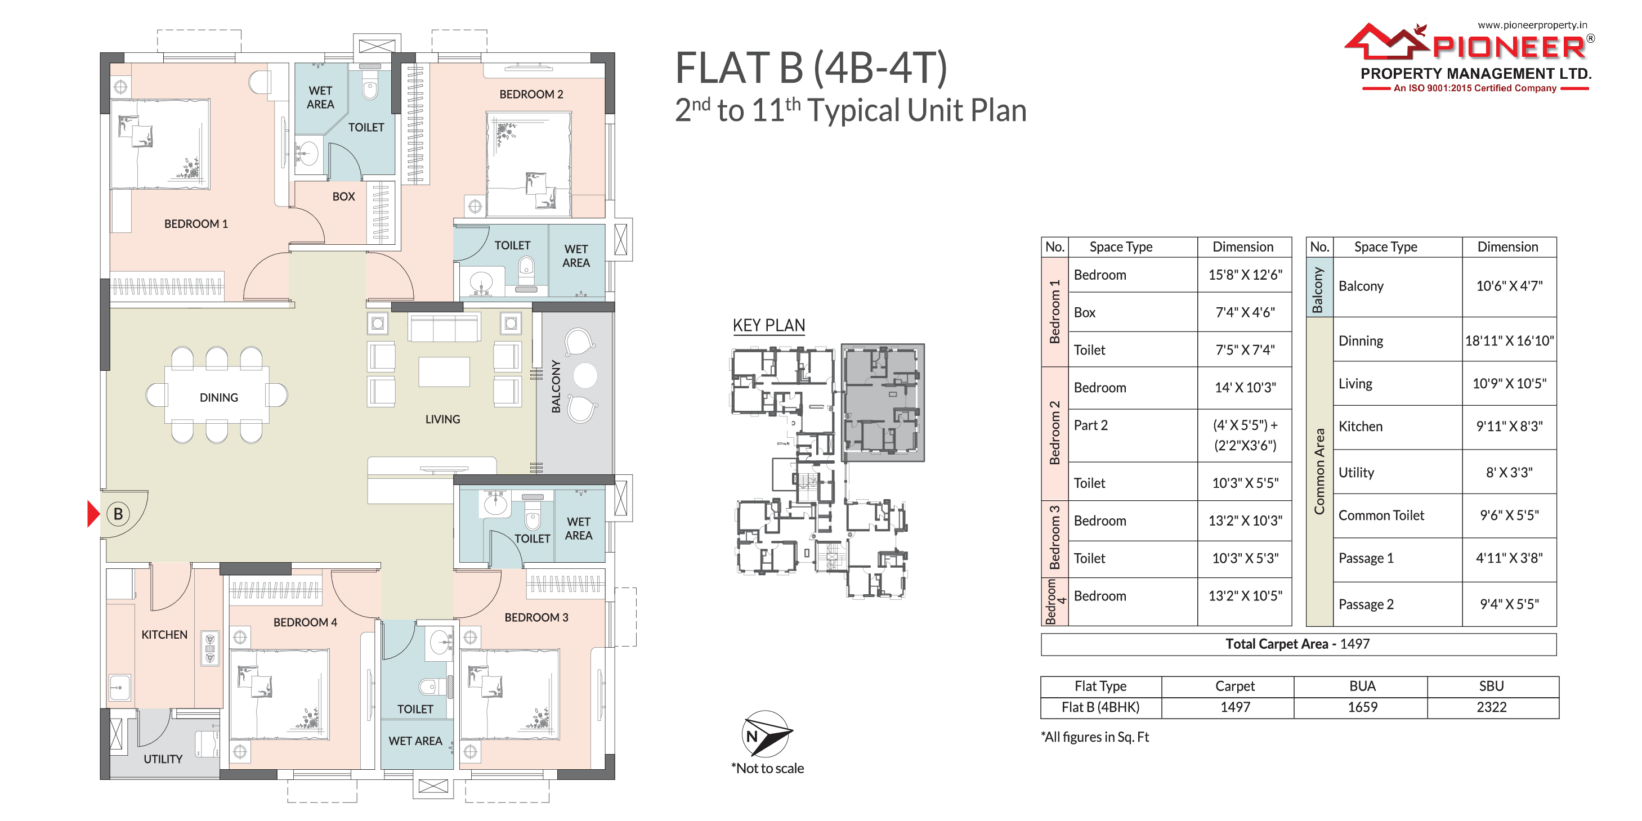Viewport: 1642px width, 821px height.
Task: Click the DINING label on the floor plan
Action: (218, 398)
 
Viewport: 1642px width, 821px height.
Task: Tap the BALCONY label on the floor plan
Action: (556, 386)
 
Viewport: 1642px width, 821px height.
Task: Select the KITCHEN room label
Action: (164, 635)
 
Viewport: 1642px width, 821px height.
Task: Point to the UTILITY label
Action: (163, 759)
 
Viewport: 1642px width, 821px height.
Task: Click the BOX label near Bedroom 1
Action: (343, 197)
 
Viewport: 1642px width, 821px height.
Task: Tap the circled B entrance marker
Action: (118, 514)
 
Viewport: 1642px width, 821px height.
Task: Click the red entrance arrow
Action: (93, 514)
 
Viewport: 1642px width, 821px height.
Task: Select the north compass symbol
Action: (767, 734)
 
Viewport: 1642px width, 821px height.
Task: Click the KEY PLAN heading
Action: (769, 326)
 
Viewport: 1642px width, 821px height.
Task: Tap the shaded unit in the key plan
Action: (883, 402)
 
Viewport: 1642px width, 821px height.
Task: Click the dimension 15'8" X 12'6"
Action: (1245, 275)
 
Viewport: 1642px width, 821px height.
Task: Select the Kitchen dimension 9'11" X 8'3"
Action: (1509, 427)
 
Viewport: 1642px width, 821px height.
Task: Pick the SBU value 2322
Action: (1492, 707)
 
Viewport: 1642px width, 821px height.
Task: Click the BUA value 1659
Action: (1362, 707)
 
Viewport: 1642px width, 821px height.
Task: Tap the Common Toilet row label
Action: (1381, 515)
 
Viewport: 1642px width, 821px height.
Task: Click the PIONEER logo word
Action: (1508, 47)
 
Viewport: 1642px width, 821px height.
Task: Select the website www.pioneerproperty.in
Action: (1532, 25)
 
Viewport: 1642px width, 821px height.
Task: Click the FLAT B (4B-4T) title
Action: (811, 68)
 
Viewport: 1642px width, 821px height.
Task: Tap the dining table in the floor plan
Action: (217, 395)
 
